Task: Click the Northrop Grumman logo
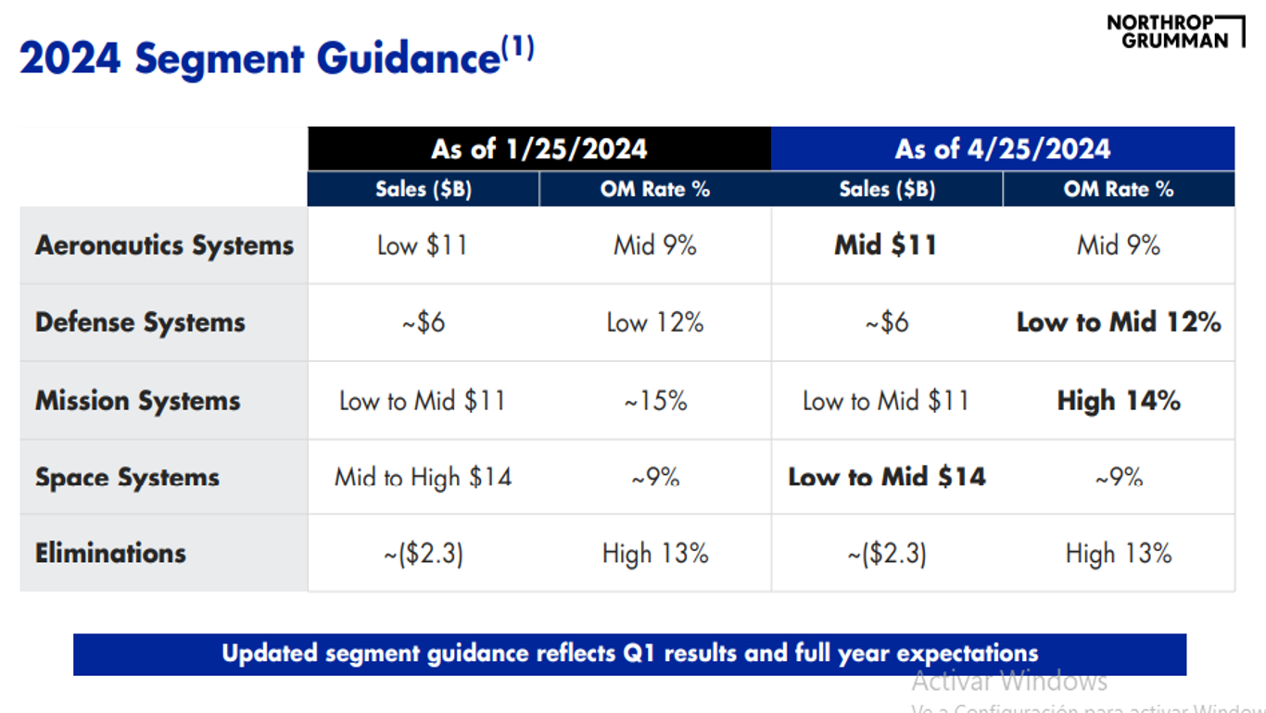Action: (1175, 31)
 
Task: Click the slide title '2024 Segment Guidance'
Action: (260, 59)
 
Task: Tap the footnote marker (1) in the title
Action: (518, 47)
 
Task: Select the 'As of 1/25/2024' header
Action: (538, 149)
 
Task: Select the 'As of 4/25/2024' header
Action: (1002, 149)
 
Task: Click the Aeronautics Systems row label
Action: (164, 245)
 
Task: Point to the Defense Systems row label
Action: (140, 322)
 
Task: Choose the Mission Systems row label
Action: (137, 401)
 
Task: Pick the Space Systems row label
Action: (127, 478)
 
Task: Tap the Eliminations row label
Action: (110, 554)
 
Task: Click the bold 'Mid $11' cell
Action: (885, 245)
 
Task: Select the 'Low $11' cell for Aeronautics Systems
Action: (422, 245)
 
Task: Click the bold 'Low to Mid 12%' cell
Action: (1118, 322)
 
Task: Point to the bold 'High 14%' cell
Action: (1118, 401)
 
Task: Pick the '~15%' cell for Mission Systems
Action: (654, 401)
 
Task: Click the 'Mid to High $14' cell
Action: (423, 478)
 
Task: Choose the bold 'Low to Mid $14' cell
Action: (886, 478)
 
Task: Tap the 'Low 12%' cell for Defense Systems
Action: (654, 322)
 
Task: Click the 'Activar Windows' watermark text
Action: (1009, 682)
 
